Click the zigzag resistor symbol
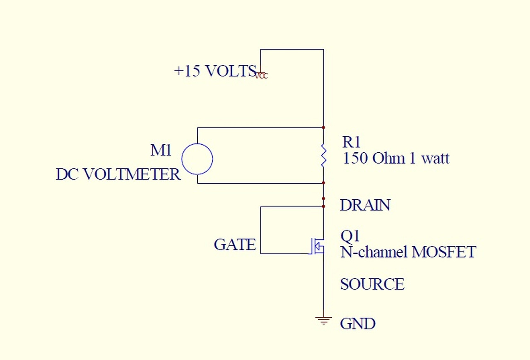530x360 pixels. [323, 155]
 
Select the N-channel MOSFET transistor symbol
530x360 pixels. [317, 246]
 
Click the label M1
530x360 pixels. [161, 150]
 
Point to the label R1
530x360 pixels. [351, 142]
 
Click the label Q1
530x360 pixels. [350, 236]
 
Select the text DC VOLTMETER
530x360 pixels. [118, 174]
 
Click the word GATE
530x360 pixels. [235, 244]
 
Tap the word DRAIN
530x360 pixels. [365, 205]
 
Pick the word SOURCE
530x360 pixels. [372, 284]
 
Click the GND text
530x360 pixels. [357, 324]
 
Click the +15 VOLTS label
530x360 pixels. [215, 71]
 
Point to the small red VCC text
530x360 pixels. [261, 76]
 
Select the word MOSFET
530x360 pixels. [444, 252]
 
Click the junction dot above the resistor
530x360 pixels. [323, 127]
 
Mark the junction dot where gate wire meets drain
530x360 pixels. [323, 206]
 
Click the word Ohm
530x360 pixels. [388, 158]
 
